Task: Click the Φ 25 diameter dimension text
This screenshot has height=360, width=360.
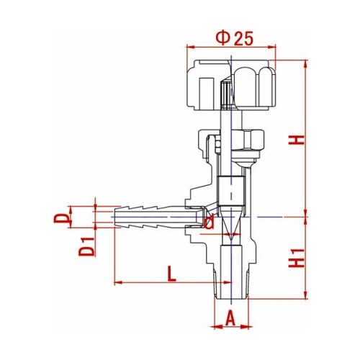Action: click(235, 39)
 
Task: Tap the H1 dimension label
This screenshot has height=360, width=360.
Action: click(297, 258)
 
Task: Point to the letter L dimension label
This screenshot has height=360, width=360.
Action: click(171, 274)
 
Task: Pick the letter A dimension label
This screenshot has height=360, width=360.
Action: click(230, 318)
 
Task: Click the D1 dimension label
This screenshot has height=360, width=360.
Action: click(86, 246)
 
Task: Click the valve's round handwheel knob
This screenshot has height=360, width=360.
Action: click(231, 85)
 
